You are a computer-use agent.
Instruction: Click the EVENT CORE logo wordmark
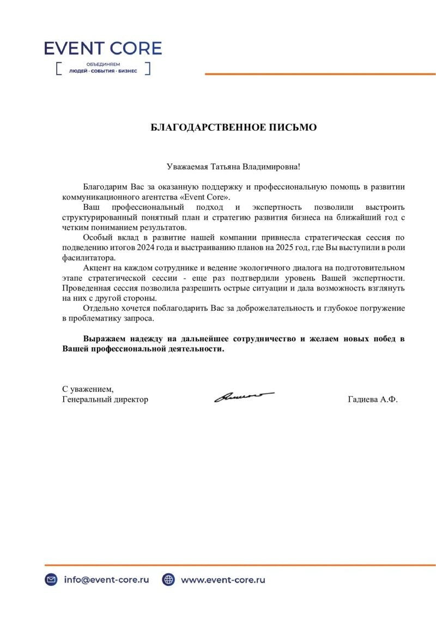[103, 49]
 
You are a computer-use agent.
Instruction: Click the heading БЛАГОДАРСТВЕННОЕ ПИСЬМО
[233, 128]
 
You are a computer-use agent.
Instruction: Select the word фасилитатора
[85, 258]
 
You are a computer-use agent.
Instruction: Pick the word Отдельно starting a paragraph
[100, 308]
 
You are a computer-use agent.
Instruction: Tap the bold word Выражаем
[104, 339]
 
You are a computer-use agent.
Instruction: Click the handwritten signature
[243, 396]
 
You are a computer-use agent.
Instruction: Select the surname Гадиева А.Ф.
[373, 400]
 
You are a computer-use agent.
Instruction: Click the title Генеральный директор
[105, 400]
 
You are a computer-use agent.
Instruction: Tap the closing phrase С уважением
[88, 389]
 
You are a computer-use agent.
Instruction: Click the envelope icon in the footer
[51, 580]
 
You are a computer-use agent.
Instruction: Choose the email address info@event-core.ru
[106, 580]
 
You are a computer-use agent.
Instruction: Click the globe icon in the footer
[168, 580]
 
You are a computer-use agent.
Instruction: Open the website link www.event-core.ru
[223, 580]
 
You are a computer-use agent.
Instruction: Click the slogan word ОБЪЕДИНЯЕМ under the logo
[103, 64]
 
